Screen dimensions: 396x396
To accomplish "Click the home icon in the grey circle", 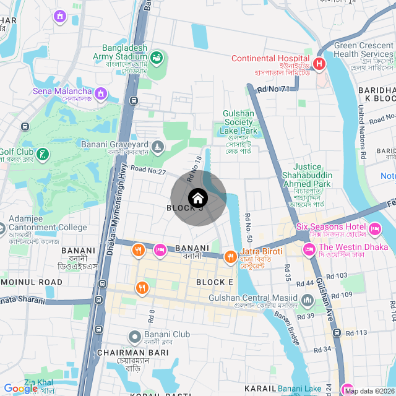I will (197, 198).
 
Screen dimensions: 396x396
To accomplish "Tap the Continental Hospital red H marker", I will (319, 63).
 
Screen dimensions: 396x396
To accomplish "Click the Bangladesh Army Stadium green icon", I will (157, 58).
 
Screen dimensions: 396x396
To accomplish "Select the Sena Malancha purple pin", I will (101, 93).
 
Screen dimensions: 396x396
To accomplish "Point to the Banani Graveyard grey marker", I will (158, 146).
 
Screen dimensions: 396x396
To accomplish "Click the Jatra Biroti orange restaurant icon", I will (230, 256).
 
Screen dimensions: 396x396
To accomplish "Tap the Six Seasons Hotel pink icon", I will (374, 230).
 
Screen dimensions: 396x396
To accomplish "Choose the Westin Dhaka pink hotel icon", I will (308, 249).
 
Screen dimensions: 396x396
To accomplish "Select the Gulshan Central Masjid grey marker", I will (308, 301).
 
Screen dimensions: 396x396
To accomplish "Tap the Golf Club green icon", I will (42, 153).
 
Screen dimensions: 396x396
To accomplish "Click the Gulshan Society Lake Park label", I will (239, 122).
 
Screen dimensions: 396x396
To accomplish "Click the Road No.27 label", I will (148, 170).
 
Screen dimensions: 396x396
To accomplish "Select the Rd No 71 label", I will (272, 89).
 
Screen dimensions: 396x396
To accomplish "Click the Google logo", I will (20, 389).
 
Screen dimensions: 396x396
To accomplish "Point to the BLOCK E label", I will (214, 282).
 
